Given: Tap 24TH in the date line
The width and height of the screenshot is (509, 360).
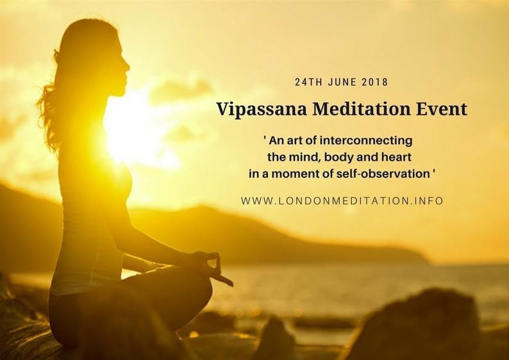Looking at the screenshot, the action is [x=308, y=82].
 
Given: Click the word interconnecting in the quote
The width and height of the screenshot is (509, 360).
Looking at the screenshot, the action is [x=366, y=141].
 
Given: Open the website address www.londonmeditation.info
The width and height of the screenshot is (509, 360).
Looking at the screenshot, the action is [x=342, y=200].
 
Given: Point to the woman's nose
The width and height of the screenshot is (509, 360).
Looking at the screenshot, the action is [x=127, y=67].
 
